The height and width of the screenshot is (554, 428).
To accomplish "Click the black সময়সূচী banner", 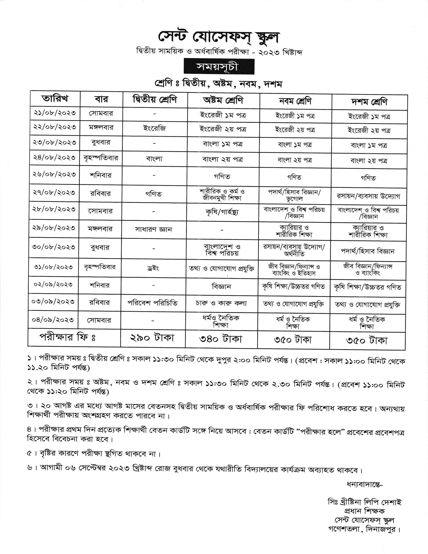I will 219,67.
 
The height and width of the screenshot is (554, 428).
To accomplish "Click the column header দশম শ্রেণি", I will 369,102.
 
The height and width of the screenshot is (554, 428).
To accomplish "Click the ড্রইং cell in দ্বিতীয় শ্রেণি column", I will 153,268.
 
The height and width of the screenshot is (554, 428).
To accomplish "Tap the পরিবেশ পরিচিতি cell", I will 153,303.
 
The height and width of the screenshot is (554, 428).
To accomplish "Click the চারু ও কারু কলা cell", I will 221,303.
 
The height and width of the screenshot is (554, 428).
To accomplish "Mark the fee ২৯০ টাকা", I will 152,338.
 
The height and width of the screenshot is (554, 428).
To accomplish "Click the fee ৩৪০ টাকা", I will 221,339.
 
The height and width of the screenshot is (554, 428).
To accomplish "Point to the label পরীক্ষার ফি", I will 67,337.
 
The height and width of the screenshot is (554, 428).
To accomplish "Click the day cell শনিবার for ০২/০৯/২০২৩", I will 100,285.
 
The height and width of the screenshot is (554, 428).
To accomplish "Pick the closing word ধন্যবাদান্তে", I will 365,484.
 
